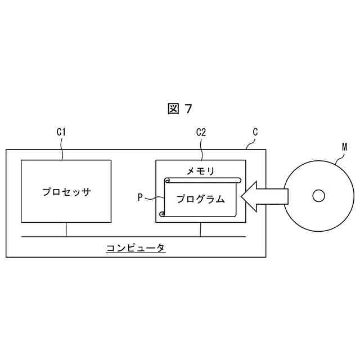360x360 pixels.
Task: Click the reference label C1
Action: (x=61, y=133)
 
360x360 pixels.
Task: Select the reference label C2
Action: (x=201, y=133)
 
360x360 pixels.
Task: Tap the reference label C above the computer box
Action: (x=255, y=132)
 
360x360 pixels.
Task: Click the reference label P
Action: (x=141, y=197)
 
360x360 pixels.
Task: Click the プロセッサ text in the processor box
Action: (x=66, y=191)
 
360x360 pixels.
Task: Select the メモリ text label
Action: (x=200, y=170)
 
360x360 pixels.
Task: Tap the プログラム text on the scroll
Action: (x=200, y=199)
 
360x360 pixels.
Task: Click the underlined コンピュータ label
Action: (x=136, y=247)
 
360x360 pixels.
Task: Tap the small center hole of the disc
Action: (x=318, y=196)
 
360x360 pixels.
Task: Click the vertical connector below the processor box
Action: (x=66, y=229)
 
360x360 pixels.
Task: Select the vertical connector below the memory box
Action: (x=201, y=229)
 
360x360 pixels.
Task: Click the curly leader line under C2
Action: (x=201, y=150)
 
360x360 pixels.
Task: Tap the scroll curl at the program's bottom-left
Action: (x=163, y=214)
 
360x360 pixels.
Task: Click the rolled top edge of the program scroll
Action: (x=202, y=180)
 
